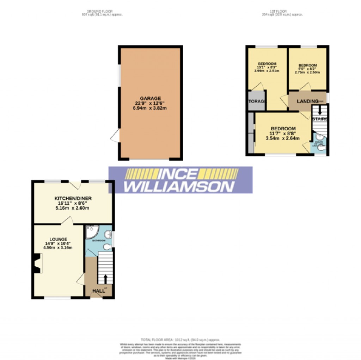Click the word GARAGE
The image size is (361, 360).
[150, 98]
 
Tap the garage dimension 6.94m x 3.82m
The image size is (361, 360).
[150, 108]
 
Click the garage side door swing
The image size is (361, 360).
[115, 136]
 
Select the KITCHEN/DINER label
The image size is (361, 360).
[73, 198]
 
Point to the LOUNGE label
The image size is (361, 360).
[58, 240]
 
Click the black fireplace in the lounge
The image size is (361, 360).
[36, 264]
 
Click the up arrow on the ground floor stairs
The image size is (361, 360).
[105, 279]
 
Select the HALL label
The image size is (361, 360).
[99, 291]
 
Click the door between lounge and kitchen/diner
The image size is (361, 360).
[68, 221]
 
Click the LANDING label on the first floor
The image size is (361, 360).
[307, 101]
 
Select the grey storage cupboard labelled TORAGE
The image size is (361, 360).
[256, 101]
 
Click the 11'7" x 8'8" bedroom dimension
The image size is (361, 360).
[283, 134]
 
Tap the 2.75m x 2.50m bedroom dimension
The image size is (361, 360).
[307, 72]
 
